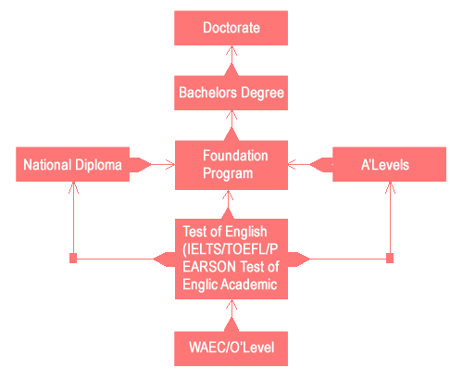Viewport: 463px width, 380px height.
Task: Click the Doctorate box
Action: pos(231,28)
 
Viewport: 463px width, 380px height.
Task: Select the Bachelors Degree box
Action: pos(231,93)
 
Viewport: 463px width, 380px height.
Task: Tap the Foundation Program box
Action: pos(231,165)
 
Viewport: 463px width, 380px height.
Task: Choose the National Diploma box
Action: pos(72,164)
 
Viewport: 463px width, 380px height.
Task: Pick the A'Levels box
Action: pos(389,164)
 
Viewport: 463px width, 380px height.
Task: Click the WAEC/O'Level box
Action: pos(231,348)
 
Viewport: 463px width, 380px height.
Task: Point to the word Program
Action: pos(228,173)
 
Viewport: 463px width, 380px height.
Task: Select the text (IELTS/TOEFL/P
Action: pos(231,249)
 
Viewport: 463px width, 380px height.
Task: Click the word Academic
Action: pos(249,285)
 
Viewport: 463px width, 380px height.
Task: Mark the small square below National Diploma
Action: pos(73,258)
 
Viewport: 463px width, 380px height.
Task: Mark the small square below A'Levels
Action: pos(390,258)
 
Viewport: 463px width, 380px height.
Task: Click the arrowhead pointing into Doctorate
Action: pos(231,51)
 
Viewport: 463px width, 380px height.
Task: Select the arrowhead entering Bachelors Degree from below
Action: pos(231,116)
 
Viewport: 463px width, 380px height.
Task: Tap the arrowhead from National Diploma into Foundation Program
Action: pos(170,164)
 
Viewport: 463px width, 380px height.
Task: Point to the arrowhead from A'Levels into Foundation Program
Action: pos(293,164)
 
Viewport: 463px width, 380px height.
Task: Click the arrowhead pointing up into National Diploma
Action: pos(73,188)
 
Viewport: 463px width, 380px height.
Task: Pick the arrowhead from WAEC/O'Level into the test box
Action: pos(231,305)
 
